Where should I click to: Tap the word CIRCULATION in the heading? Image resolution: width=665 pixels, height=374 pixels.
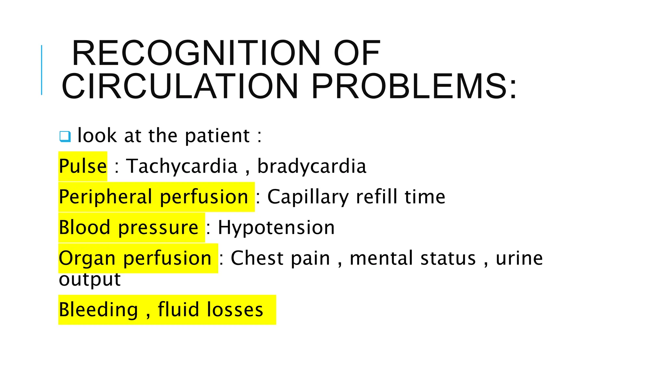[180, 86]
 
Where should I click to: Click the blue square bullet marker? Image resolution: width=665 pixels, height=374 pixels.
[65, 136]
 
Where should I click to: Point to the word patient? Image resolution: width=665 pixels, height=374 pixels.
[217, 135]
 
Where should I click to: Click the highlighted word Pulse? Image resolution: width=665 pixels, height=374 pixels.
[83, 166]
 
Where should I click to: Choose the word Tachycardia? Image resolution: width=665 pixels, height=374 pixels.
[182, 166]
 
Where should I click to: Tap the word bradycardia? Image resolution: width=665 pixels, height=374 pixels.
[312, 166]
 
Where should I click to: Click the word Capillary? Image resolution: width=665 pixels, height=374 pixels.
[308, 197]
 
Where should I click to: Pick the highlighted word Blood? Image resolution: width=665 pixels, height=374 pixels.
[84, 227]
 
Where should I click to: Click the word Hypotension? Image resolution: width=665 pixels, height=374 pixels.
[276, 227]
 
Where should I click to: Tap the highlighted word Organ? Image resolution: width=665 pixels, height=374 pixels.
[87, 258]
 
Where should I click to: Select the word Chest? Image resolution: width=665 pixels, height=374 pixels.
[257, 258]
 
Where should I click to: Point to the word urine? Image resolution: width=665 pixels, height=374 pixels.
[519, 258]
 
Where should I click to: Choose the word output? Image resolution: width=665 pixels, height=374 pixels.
[90, 280]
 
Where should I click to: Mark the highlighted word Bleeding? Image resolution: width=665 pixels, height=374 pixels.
[98, 310]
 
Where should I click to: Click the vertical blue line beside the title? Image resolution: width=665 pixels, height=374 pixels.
[42, 70]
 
